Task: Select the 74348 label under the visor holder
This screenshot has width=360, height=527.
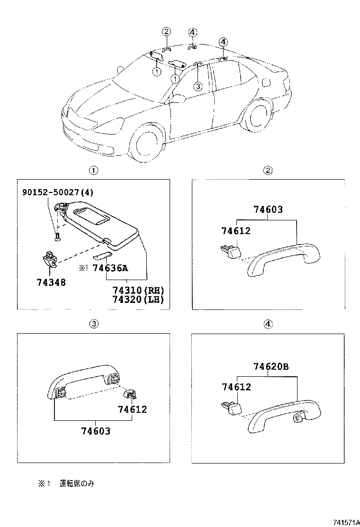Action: tap(51, 282)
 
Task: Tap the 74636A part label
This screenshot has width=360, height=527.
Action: tap(110, 268)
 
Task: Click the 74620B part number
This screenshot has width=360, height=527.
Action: tap(270, 366)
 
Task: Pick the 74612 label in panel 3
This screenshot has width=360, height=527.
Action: tap(133, 409)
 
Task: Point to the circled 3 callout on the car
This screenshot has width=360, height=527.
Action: tap(198, 86)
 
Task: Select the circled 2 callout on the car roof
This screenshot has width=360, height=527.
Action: tap(166, 32)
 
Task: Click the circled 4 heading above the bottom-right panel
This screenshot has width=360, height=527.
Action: tap(268, 324)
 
